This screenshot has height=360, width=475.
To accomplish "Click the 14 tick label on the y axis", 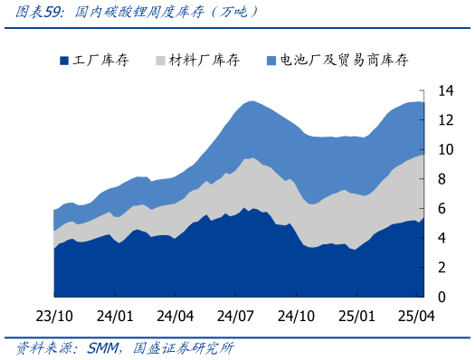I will point(445,91).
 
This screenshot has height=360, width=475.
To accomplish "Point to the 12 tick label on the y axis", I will point(445,120).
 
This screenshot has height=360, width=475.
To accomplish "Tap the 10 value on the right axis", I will point(445,150).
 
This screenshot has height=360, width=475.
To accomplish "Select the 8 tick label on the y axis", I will point(442,179).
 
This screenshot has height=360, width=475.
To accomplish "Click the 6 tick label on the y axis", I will point(442,209).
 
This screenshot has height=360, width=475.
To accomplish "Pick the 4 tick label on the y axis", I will point(442,238).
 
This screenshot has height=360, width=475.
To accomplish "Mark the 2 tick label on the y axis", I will point(442,268).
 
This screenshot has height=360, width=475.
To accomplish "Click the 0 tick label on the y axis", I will point(442,297).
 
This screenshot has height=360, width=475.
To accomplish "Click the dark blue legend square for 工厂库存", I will point(64,61).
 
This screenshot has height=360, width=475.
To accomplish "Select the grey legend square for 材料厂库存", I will point(160,61).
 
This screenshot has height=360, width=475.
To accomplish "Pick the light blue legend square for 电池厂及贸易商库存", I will point(272,61).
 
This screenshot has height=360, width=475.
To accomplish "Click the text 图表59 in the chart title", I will point(33,12).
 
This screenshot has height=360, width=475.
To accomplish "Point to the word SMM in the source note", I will point(106,349).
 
